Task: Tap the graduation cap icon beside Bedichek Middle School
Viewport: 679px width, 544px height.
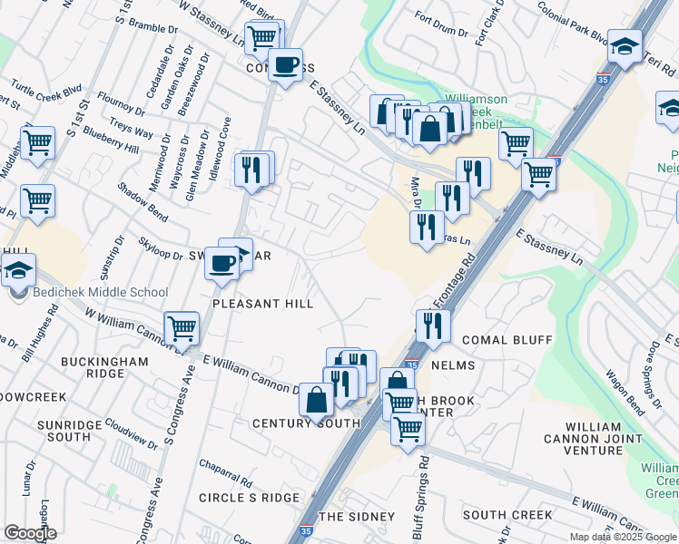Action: click(16, 269)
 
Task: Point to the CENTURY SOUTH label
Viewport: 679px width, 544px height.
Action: click(293, 423)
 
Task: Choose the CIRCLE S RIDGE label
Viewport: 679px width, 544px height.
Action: click(249, 498)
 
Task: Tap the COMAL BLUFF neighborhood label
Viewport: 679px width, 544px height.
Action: click(507, 340)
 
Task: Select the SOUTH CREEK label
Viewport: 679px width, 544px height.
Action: click(507, 515)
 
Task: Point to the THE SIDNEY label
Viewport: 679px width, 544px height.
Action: click(357, 517)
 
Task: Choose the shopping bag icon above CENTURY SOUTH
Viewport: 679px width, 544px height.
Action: click(315, 399)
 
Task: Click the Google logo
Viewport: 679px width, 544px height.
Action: click(31, 533)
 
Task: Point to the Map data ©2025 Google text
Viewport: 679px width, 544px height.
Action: click(623, 537)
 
